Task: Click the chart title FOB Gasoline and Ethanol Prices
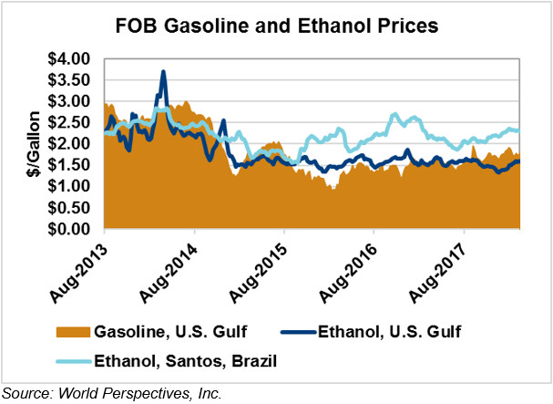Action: click(277, 26)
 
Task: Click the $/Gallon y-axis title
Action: click(30, 143)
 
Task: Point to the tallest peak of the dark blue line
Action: click(163, 71)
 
